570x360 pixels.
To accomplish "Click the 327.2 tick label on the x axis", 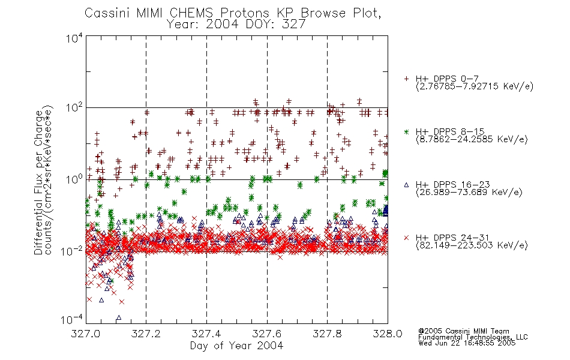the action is click(146, 334).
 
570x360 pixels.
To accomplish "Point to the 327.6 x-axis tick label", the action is click(267, 334).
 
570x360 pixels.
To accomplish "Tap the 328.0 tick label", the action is click(388, 334).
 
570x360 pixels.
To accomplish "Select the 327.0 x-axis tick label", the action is click(86, 334).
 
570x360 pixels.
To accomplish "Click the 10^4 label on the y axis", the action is click(74, 38).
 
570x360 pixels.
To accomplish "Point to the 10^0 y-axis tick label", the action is click(74, 179).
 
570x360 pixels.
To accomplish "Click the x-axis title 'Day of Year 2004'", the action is click(236, 346).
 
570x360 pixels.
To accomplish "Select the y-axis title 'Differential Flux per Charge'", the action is click(38, 182).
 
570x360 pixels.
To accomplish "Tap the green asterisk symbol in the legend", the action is click(406, 132).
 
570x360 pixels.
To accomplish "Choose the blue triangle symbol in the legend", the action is click(406, 185).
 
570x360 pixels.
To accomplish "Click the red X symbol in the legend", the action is click(406, 238).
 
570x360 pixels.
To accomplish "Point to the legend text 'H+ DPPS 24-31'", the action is click(452, 238).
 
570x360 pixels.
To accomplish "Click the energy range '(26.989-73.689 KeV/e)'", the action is click(469, 193).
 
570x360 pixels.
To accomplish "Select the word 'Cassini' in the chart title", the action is click(107, 13).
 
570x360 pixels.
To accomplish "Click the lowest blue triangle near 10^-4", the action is click(119, 318).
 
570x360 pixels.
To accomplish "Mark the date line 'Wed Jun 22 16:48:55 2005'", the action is click(467, 343).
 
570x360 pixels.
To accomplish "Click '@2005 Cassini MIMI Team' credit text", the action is click(463, 331).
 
